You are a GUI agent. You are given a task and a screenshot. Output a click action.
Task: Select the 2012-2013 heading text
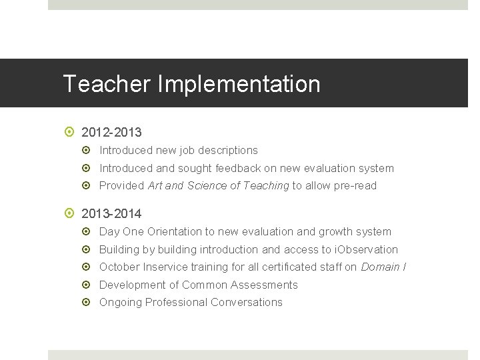[111, 133]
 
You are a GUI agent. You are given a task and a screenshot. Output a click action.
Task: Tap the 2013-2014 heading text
[111, 214]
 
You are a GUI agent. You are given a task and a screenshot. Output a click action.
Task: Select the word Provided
[122, 186]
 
